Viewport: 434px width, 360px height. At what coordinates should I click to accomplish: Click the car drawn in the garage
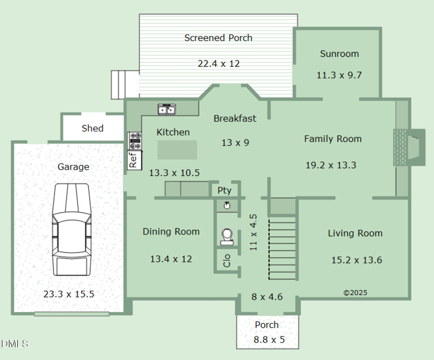click(72, 229)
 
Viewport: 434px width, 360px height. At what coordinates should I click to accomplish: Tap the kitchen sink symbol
click(167, 109)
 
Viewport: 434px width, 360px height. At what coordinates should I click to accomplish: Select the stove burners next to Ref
click(135, 141)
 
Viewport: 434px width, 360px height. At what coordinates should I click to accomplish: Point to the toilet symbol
click(227, 237)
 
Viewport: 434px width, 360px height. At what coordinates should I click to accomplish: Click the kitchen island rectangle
click(177, 150)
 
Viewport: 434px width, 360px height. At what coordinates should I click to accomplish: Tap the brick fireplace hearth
click(400, 147)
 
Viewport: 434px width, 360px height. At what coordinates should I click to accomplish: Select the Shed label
click(93, 128)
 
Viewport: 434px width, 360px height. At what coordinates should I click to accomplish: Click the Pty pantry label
click(224, 191)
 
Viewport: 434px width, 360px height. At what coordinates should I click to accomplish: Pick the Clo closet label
click(227, 261)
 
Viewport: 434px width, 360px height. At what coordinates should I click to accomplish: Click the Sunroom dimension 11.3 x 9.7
click(339, 75)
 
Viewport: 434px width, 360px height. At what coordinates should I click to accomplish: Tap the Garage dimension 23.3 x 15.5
click(69, 294)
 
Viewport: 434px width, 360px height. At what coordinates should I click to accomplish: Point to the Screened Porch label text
click(218, 38)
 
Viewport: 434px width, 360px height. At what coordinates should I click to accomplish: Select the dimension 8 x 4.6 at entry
click(267, 297)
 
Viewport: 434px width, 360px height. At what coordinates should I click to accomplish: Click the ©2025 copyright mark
click(355, 293)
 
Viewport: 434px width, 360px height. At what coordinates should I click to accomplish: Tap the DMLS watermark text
click(15, 344)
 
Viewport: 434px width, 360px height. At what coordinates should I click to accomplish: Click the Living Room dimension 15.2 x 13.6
click(357, 260)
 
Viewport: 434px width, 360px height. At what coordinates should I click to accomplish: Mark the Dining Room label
click(171, 232)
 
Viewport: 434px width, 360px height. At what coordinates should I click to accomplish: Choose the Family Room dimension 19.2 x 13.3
click(331, 165)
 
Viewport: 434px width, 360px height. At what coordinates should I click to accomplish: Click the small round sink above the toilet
click(227, 206)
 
